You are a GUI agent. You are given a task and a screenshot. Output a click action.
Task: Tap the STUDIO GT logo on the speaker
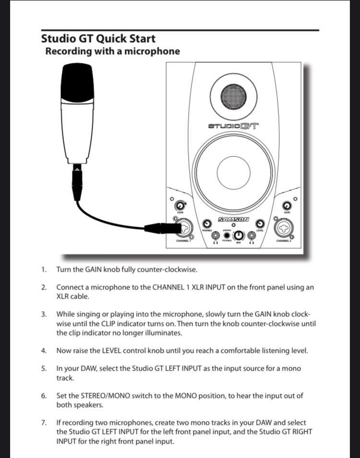[x=233, y=127]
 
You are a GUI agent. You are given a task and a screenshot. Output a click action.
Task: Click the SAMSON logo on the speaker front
[x=234, y=219]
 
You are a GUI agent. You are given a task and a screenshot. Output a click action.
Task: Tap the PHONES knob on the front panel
[x=207, y=224]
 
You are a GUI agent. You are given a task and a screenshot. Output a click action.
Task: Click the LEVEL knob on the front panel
[x=260, y=224]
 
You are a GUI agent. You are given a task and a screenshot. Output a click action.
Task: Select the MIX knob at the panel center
[x=239, y=235]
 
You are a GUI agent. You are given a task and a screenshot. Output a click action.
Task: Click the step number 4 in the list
[x=44, y=350]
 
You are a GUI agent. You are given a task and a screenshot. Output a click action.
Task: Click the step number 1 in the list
[x=44, y=270]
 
